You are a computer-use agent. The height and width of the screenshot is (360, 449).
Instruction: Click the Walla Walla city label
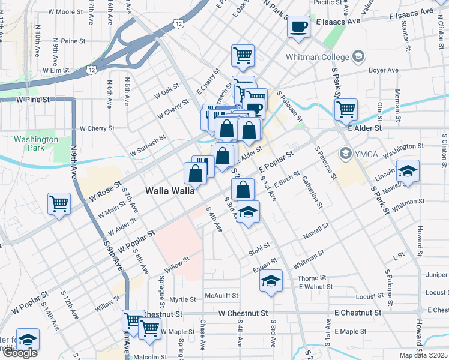pos(170,191)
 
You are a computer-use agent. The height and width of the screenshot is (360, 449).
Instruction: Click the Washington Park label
pos(37,143)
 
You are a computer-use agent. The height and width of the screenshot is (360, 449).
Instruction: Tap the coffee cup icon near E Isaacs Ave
pos(298,26)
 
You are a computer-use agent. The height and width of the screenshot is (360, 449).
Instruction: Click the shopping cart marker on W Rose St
pos(59,203)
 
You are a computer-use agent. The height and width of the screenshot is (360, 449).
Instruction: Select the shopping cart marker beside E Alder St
pos(346,110)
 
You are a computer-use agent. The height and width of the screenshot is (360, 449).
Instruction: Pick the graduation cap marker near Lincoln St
pos(408,172)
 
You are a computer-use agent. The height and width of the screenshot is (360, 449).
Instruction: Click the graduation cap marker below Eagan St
pos(271,280)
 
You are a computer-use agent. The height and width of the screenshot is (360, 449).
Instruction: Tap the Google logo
pos(20,353)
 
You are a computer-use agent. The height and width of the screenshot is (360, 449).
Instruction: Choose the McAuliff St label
pos(221,296)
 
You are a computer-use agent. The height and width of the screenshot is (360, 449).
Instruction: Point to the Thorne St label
pos(312,278)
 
